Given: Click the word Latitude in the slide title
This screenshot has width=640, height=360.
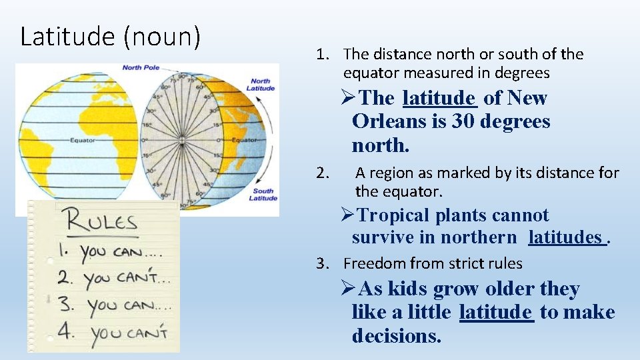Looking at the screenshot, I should [67, 36].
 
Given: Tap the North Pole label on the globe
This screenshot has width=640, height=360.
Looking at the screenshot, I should [141, 67].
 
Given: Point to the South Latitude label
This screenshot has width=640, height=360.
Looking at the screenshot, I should [262, 194].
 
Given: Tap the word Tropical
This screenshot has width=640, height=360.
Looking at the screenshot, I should [394, 215].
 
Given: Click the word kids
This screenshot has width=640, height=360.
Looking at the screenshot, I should [407, 289].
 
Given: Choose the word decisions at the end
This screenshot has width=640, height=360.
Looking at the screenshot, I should [396, 335].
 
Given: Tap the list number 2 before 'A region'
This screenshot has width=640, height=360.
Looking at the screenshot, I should [323, 173].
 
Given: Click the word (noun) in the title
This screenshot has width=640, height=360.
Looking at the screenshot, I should [161, 36].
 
